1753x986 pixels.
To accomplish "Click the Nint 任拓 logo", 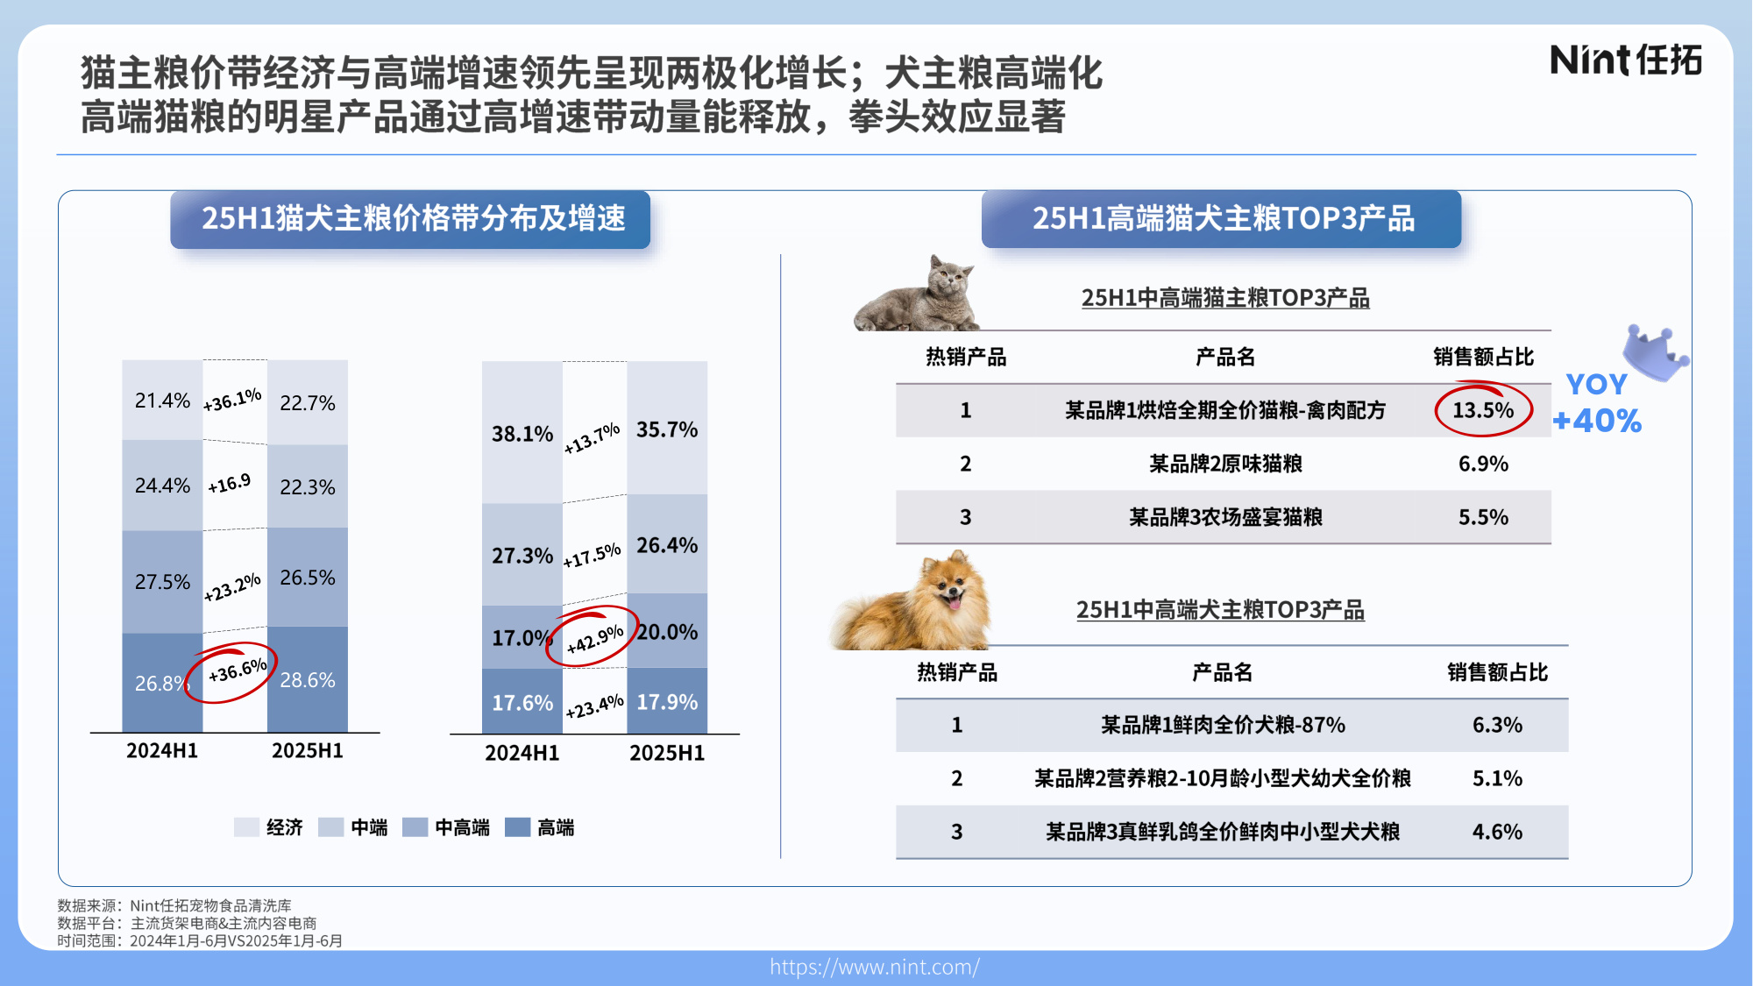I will (1626, 60).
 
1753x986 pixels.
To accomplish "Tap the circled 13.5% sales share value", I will (1483, 410).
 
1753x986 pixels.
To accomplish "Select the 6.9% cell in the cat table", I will (1483, 464).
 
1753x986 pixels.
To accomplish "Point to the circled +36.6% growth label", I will (237, 672).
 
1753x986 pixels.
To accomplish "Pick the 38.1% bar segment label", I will (522, 434).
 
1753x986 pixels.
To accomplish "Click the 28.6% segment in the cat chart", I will (308, 680).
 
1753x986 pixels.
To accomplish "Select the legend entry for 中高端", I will (447, 827).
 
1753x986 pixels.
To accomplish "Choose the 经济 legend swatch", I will (246, 827).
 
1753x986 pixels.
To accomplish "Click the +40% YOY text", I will (1597, 421).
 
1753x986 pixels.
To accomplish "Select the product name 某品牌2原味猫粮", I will (1225, 464).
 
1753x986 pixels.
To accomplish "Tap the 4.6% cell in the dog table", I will (1497, 832).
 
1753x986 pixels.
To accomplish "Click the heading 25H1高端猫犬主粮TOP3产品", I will (1223, 218).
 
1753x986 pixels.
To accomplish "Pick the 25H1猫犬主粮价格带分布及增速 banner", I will (413, 218).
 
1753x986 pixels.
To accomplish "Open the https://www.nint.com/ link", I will (875, 967).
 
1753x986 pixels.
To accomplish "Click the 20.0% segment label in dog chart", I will (667, 632).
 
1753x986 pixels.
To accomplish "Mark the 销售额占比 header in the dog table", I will (1497, 672).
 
